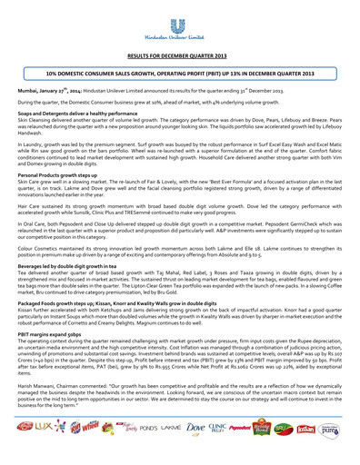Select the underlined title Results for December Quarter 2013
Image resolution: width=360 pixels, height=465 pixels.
[180, 56]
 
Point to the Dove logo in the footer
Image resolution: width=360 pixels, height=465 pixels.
[205, 450]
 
